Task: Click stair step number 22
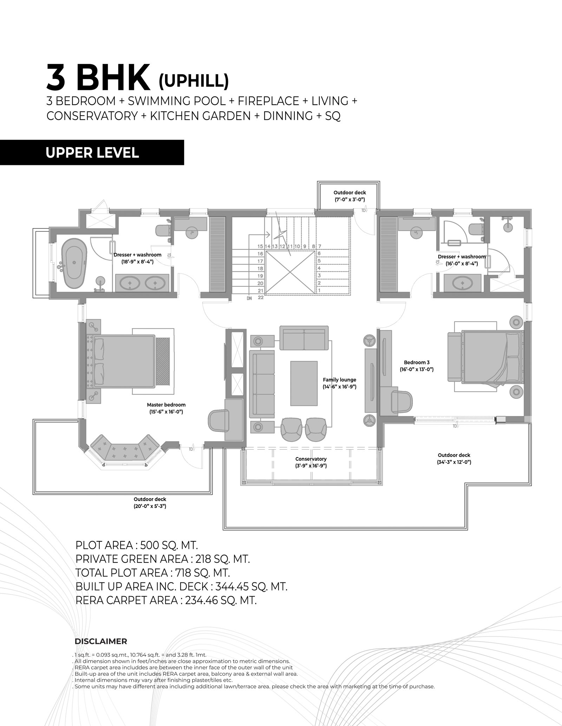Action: (x=260, y=297)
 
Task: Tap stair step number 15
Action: (x=260, y=246)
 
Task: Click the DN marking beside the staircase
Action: (x=249, y=298)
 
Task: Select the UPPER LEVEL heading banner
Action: (x=92, y=152)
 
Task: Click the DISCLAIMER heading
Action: (x=100, y=641)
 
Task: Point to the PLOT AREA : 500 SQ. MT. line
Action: (x=137, y=545)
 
